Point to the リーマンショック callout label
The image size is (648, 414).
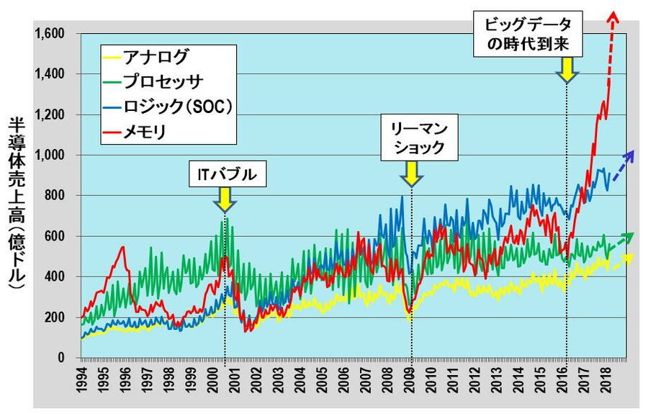pyautogui.click(x=412, y=140)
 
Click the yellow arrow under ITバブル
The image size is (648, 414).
pyautogui.click(x=225, y=199)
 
